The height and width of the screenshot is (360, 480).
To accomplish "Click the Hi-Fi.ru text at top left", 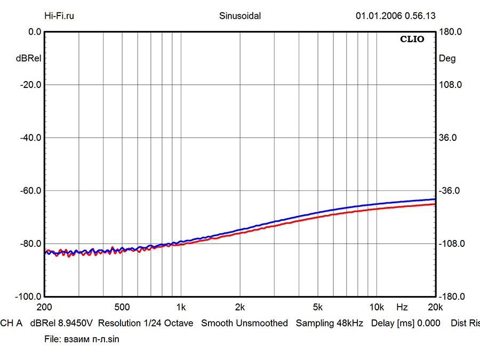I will click(x=60, y=15).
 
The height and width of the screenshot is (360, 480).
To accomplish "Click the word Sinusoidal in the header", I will click(x=240, y=15).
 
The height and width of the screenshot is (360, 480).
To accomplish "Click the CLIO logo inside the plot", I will click(x=412, y=39).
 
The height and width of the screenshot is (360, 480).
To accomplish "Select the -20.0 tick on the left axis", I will click(x=31, y=85).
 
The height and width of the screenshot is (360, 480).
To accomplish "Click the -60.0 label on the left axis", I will click(x=31, y=190).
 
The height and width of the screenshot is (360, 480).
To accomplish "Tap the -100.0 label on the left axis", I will click(x=29, y=297).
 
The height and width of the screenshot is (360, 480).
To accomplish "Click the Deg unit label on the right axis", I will click(x=447, y=59).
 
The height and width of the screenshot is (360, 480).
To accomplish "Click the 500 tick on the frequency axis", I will click(x=122, y=307).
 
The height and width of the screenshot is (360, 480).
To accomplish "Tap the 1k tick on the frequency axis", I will click(x=181, y=307).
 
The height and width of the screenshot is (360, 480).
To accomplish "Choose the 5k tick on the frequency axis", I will click(x=318, y=307).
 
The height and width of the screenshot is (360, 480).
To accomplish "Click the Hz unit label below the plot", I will click(x=402, y=307).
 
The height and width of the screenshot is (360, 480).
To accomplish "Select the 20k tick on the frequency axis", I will click(x=435, y=307).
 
